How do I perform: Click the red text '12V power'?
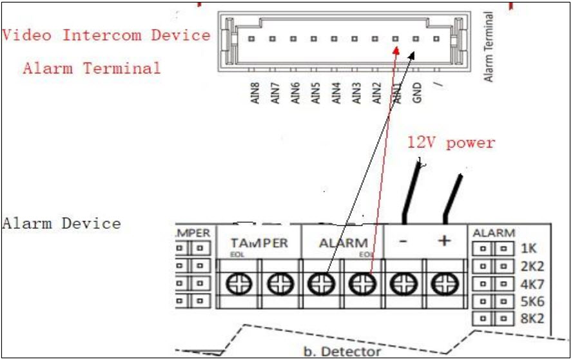[451, 143]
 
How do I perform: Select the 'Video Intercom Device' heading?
[106, 35]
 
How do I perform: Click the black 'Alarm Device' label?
[61, 224]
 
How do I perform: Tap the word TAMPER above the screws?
[259, 243]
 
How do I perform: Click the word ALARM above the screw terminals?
[344, 243]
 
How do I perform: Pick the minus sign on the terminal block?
[402, 241]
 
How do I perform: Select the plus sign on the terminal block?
[443, 241]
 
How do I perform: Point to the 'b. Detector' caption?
[342, 352]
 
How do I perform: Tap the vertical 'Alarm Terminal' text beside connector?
[489, 46]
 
